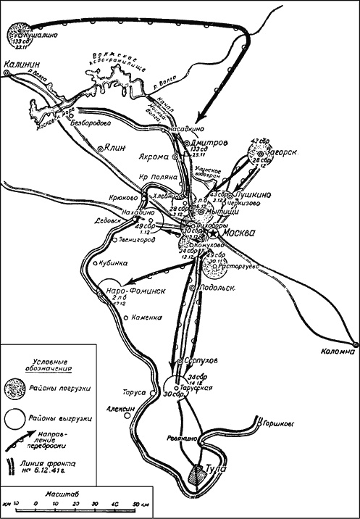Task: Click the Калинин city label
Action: [21, 64]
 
